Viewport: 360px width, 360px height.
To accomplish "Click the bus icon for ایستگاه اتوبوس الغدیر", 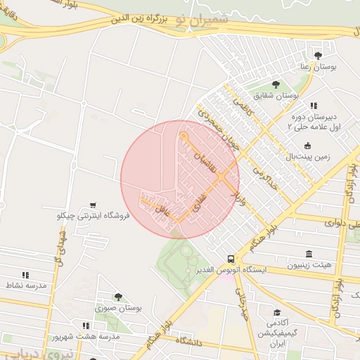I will [x=231, y=259].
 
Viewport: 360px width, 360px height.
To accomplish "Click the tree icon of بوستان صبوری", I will [x=118, y=297].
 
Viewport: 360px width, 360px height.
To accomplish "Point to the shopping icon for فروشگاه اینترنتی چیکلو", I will [x=94, y=205].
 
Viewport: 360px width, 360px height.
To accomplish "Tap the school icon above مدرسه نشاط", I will [x=25, y=275].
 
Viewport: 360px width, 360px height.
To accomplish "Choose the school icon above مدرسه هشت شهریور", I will [x=86, y=326].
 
